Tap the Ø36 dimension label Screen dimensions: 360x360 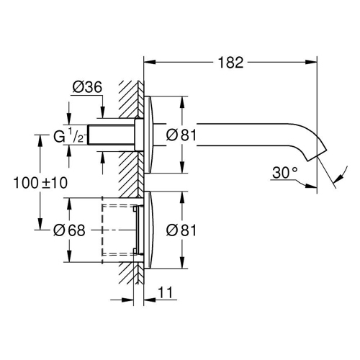pyautogui.click(x=86, y=88)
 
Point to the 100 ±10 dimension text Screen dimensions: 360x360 pyautogui.click(x=41, y=183)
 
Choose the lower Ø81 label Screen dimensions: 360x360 pyautogui.click(x=182, y=230)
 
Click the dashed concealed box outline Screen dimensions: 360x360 pyautogui.click(x=119, y=230)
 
